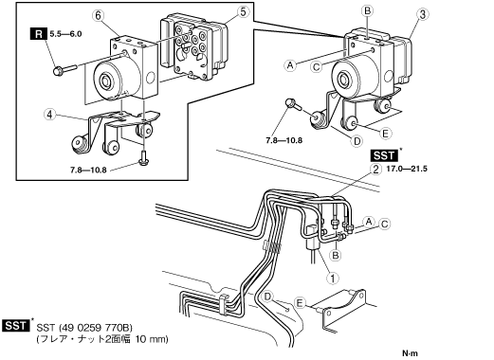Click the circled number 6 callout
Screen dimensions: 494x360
tap(99, 15)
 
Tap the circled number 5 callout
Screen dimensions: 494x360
tap(243, 12)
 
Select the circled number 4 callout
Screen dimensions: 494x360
tap(49, 115)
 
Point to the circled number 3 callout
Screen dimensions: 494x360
tap(423, 14)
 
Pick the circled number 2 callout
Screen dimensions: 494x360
tap(375, 170)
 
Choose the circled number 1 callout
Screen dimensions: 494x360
tap(333, 279)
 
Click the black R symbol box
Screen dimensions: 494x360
tap(39, 34)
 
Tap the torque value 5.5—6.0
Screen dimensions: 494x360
tap(66, 34)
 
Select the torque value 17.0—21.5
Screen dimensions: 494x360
tap(407, 169)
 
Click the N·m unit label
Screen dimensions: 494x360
tap(410, 353)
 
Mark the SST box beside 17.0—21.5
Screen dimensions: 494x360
tap(384, 155)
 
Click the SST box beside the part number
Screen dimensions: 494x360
tap(16, 325)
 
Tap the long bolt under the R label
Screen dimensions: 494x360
tap(65, 70)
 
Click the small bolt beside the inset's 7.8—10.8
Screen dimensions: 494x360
tap(143, 158)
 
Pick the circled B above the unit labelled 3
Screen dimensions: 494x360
tap(367, 11)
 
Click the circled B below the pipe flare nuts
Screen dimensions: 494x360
tap(336, 255)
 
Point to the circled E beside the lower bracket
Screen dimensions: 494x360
tap(300, 303)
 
